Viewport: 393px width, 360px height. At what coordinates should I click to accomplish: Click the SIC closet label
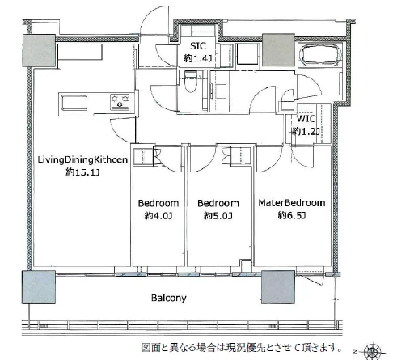coord(198,46)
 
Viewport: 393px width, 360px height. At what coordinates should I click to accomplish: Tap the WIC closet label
coord(306,118)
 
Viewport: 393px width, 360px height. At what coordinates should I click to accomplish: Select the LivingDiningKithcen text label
coord(82,159)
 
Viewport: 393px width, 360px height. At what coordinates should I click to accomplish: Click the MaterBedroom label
coord(292,203)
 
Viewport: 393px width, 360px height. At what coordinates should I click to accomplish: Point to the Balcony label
coord(169,298)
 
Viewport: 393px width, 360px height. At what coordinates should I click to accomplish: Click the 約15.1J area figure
coord(82,172)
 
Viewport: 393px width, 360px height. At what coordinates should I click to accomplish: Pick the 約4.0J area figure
coord(158,216)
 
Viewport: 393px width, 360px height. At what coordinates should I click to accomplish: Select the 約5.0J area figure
coord(218,216)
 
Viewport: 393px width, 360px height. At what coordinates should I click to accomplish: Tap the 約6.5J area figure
coord(292,215)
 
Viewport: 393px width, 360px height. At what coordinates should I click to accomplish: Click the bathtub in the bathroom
coord(320,55)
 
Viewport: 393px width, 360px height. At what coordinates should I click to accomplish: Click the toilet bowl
coord(191,82)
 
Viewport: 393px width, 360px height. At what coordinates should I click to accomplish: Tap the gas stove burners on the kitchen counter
coord(120,102)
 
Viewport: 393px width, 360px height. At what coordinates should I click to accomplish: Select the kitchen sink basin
coord(74,103)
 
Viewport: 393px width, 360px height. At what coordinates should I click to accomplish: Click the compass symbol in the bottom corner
coord(373,352)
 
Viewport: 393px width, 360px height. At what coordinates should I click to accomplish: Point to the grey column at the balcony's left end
coord(39,287)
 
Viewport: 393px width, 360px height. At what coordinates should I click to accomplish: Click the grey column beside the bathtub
coord(278,50)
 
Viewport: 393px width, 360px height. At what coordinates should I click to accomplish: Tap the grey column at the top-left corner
coord(39,50)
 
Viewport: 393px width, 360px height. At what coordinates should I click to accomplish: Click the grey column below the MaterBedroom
coord(278,287)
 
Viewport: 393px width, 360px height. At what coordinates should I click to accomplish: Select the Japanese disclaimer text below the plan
coord(242,348)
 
